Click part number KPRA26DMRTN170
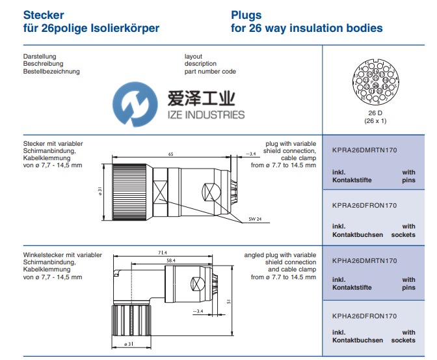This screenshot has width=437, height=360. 364,150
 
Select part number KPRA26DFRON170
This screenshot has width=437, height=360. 364,205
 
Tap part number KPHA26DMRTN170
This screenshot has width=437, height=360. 364,260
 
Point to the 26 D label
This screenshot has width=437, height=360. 374,113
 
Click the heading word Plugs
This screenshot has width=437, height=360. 246,14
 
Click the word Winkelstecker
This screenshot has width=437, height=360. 43,255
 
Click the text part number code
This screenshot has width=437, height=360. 210,72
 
